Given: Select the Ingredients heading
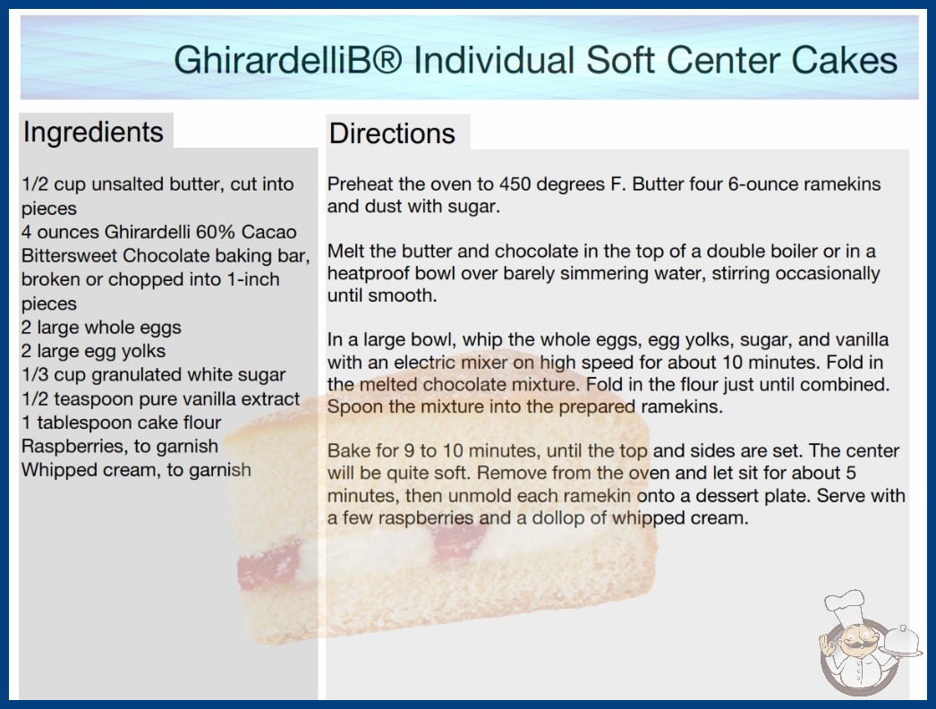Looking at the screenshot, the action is coord(93,132).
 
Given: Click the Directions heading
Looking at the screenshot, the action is coord(392,132).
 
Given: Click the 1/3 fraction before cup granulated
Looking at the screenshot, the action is coord(35,374).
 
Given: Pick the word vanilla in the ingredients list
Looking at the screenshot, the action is coord(211,398).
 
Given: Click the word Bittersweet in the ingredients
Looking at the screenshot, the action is coord(69,256).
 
